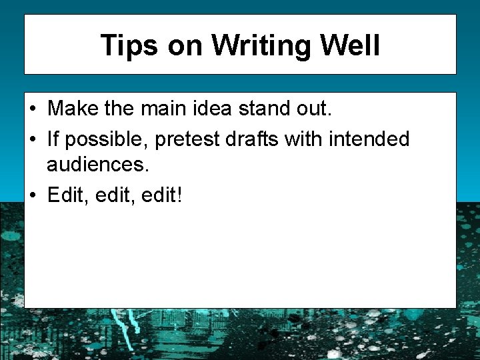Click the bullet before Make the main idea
coord(33,108)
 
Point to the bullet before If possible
coord(33,139)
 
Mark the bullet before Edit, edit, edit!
coord(33,195)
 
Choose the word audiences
coord(92,163)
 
